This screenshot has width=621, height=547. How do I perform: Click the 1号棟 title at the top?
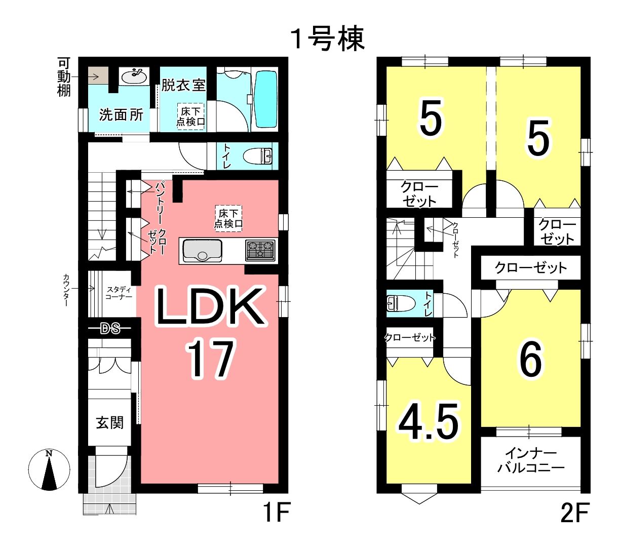click(328, 39)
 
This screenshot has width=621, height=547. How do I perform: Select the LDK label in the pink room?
click(210, 306)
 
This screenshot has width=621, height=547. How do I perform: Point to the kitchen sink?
click(202, 251)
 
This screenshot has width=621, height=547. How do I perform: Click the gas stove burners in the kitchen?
click(260, 250)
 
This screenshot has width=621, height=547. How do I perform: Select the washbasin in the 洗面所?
click(134, 76)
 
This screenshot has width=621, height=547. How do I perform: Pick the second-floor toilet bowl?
click(401, 303)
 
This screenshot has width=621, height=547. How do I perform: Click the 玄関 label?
click(110, 422)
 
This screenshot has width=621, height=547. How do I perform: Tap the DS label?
click(110, 329)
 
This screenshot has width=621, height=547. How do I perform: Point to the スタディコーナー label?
click(119, 293)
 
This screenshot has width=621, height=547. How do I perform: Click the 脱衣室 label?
click(183, 85)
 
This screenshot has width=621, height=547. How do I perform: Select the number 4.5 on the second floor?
click(429, 422)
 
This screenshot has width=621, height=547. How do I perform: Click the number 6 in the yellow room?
click(531, 359)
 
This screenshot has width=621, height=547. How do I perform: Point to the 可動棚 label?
click(64, 77)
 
